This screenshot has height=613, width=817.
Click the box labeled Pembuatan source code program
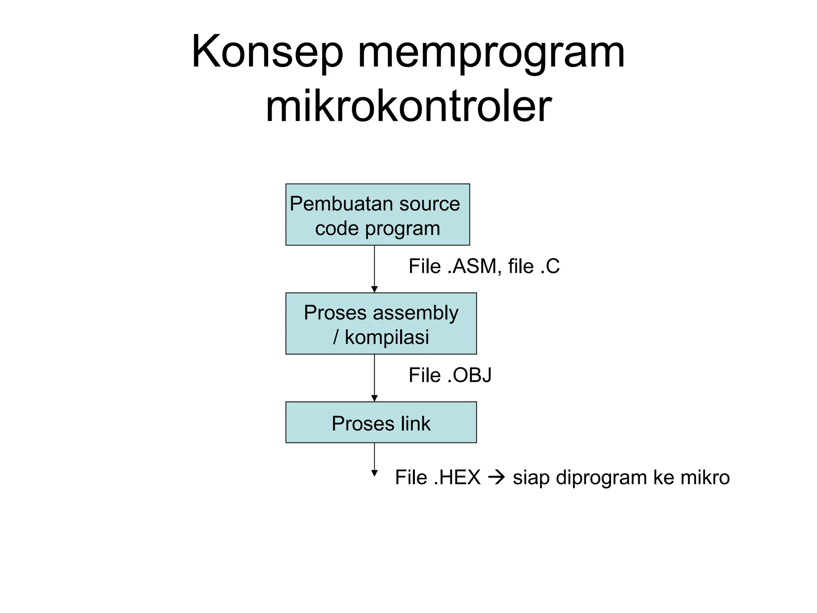(x=377, y=215)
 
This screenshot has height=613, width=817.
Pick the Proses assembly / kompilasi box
(x=381, y=324)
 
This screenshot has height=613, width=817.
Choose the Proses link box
(x=381, y=422)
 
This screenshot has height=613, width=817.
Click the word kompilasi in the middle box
(x=387, y=337)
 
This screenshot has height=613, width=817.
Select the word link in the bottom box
(x=416, y=423)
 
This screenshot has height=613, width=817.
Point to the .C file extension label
(x=550, y=266)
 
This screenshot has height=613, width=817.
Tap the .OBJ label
(x=470, y=375)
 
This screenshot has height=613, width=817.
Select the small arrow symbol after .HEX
(x=496, y=477)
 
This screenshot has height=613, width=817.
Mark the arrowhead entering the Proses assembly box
(x=374, y=289)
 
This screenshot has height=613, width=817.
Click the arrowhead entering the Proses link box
(x=374, y=398)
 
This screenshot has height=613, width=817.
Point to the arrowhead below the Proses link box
(x=374, y=473)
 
